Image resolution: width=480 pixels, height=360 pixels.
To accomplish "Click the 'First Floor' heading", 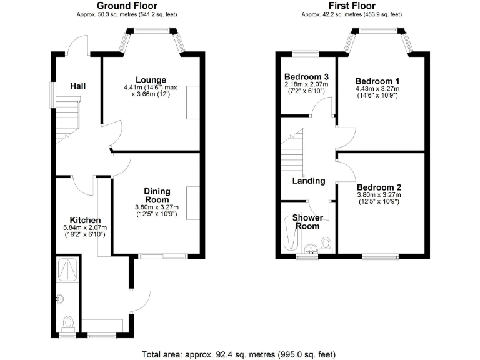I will (351, 6).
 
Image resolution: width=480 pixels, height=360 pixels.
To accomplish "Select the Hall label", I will (78, 86).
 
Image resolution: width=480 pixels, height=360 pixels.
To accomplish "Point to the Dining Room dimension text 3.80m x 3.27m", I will (157, 207).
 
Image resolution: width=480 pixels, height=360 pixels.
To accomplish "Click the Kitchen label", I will (85, 220).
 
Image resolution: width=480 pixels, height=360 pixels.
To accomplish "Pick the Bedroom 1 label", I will (377, 81).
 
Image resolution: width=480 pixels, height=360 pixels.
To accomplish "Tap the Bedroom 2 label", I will (379, 187).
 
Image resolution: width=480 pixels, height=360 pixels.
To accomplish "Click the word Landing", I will (309, 181).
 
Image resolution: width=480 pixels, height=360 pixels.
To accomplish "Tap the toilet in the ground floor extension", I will (68, 322).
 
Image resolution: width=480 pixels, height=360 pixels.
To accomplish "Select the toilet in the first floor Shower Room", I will (325, 243).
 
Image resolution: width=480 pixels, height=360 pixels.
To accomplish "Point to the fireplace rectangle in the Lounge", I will (192, 102).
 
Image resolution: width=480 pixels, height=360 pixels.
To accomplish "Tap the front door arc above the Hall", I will (77, 45).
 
